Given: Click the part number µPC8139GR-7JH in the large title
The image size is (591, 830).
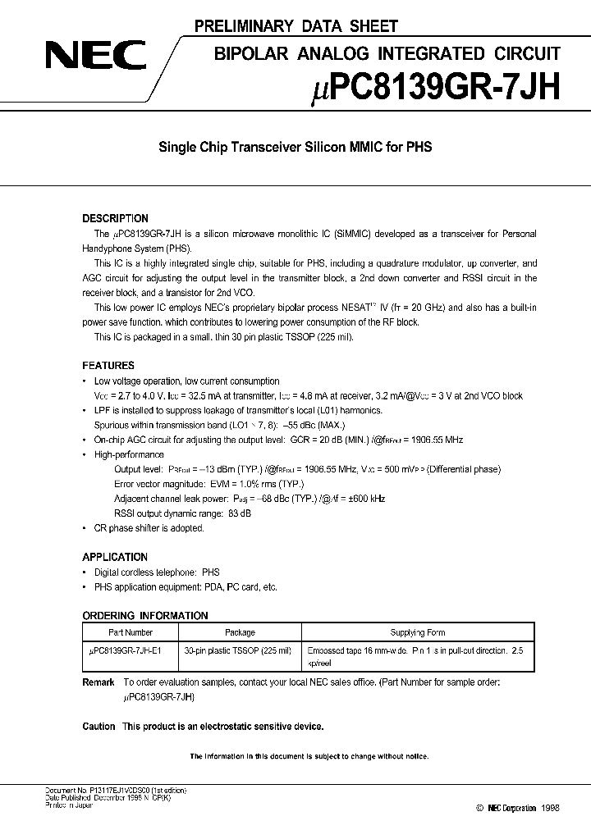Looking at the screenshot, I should coord(425,85).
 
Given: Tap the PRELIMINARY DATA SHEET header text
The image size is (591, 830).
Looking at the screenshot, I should coord(296,26).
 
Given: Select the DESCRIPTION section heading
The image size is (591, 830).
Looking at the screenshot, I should coord(115,219).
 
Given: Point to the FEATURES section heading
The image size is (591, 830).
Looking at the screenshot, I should coord(108,366).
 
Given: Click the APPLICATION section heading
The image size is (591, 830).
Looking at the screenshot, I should coord(115,557).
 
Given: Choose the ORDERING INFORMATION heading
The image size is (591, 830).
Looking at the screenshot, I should coord(145,616).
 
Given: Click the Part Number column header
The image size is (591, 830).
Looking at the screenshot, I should coord(131,632).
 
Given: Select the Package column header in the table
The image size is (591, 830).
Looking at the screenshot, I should coord(240,632).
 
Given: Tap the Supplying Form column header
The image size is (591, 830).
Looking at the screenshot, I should coord(418,632).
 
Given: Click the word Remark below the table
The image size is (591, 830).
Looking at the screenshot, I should coord(98,682).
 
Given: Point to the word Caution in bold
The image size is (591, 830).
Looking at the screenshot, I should coord(98,727).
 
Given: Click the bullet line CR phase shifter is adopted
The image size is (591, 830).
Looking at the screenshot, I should coord(149,528).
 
